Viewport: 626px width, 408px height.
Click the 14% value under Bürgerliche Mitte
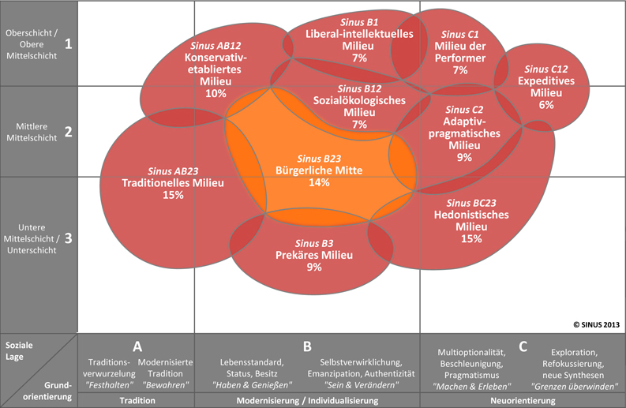point(319,182)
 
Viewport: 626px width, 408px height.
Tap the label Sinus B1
point(359,22)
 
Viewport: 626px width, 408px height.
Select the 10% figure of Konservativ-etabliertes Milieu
point(216,93)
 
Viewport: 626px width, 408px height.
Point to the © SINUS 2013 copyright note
point(597,324)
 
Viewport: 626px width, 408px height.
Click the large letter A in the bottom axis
point(137,346)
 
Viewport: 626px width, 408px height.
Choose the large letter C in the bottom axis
point(523,346)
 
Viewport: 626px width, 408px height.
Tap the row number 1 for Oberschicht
point(68,43)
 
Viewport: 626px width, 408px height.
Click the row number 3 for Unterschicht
point(68,238)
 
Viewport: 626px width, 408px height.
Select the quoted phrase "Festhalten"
point(110,385)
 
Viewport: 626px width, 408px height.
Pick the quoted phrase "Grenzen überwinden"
point(574,387)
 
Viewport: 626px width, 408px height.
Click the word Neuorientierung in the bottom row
point(523,400)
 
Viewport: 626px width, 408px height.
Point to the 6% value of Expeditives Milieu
point(546,105)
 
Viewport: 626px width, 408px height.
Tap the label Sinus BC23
point(471,203)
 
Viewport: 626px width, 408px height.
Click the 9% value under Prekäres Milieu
point(314,267)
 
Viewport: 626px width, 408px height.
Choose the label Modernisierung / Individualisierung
point(307,400)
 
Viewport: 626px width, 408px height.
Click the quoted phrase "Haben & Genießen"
point(252,385)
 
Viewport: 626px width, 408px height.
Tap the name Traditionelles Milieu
point(173,183)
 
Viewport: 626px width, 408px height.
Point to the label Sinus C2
point(464,110)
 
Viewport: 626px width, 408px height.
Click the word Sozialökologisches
point(359,100)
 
